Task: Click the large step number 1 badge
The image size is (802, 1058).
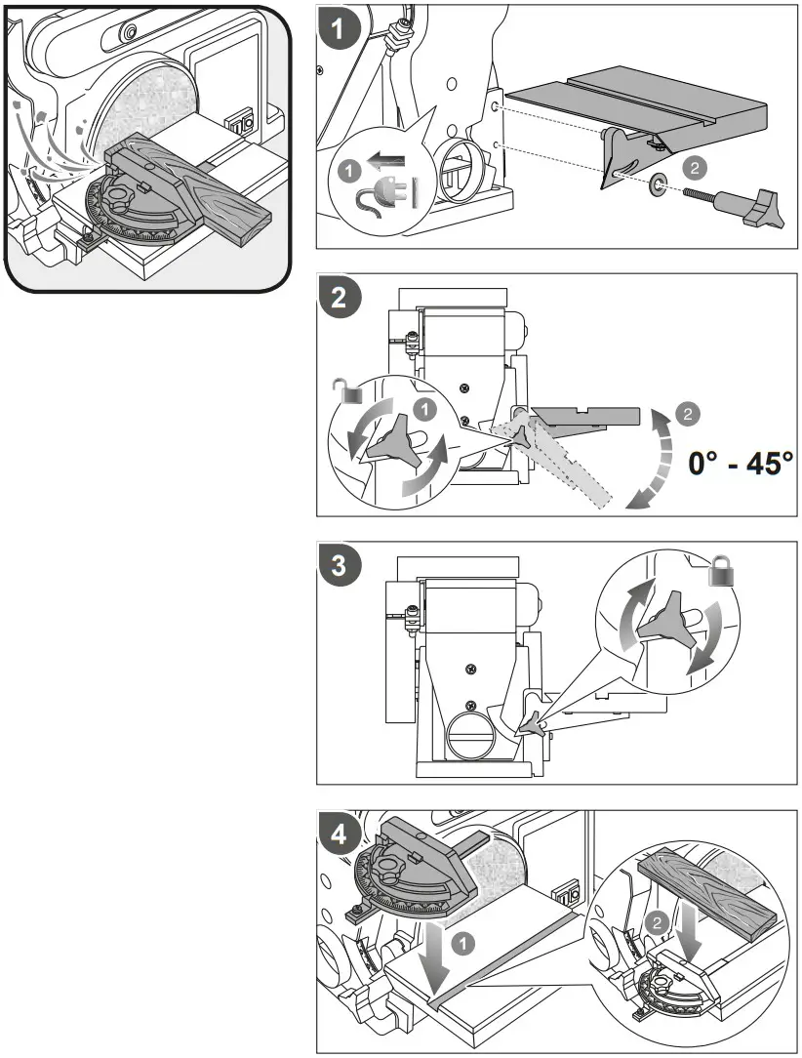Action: (x=339, y=28)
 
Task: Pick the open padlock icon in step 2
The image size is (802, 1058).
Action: (x=347, y=392)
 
